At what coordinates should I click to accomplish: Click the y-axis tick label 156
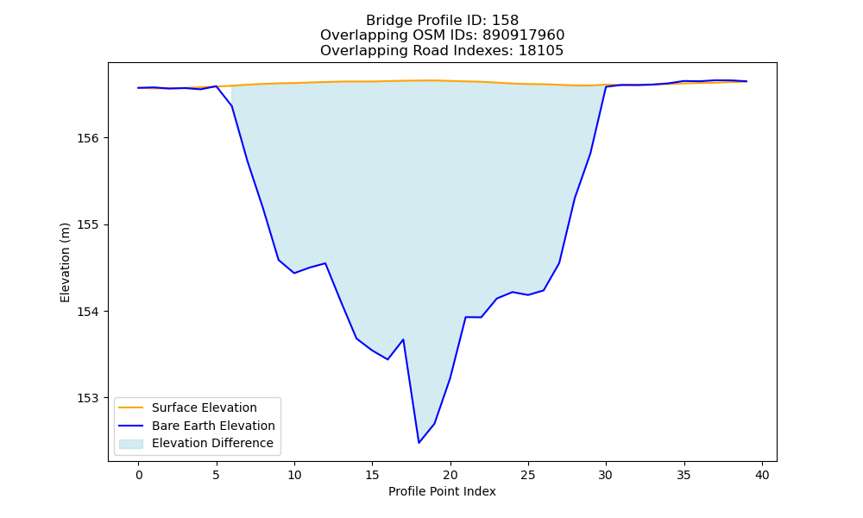(x=89, y=138)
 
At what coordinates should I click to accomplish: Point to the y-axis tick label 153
(x=89, y=398)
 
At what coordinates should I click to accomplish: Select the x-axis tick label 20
(x=450, y=475)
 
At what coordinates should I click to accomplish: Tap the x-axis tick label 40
(x=762, y=475)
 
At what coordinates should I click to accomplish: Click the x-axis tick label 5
(x=217, y=475)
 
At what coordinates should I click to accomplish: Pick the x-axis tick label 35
(x=684, y=475)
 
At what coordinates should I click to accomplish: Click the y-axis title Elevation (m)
(x=65, y=262)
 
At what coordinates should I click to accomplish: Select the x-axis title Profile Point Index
(x=442, y=491)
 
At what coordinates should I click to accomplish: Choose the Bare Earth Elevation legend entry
(x=197, y=426)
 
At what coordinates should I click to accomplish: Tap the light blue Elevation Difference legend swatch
(x=131, y=444)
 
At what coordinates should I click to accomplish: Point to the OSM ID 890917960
(x=524, y=35)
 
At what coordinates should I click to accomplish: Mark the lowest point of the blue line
(x=419, y=443)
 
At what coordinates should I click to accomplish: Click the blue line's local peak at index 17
(x=403, y=339)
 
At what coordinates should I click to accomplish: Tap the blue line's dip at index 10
(x=294, y=273)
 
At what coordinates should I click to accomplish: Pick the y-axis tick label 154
(x=89, y=312)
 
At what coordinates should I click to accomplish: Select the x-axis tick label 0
(x=139, y=475)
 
